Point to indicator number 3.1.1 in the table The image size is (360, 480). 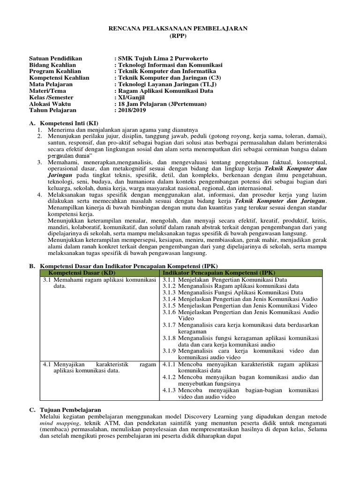pos(169,279)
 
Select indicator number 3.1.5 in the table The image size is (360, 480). pos(169,305)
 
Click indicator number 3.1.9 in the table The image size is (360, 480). pos(169,351)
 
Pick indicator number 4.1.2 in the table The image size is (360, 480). pos(169,377)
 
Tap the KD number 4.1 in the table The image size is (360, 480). pos(46,364)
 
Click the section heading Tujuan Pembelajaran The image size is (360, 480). pos(69,409)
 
